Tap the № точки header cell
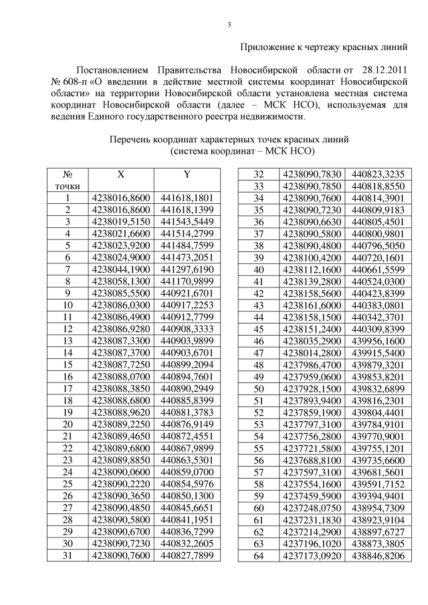click(x=68, y=179)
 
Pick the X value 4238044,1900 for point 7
click(x=120, y=269)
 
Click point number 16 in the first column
click(x=68, y=376)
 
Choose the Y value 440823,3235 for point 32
click(x=378, y=174)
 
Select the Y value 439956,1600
click(x=378, y=340)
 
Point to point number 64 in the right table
click(x=258, y=555)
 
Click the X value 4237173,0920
click(x=312, y=555)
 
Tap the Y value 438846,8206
click(x=378, y=555)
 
